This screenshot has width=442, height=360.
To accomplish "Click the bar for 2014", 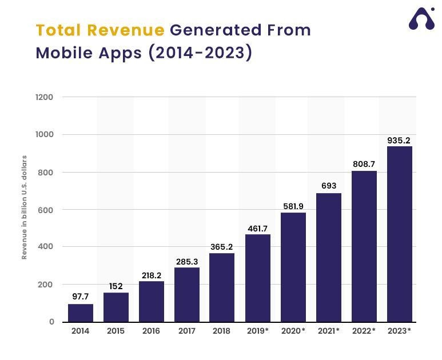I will coord(81,313).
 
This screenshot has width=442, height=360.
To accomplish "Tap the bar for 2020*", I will coord(293,267).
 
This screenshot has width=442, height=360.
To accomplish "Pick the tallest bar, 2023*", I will coord(400,234).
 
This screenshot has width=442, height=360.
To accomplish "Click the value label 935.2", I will coord(399,141).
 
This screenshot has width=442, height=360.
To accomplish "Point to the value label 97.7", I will coord(81,297).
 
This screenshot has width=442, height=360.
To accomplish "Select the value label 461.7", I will coord(257,229).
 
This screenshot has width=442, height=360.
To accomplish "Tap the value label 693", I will coord(329,186).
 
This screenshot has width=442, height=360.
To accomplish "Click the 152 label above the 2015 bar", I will coord(116,286).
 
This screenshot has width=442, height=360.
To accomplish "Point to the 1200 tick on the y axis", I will coord(45,97).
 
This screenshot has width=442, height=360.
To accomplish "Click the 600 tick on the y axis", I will coord(47,210).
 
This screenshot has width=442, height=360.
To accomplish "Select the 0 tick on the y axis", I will coord(51,322).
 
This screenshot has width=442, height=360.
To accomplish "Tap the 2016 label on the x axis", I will coord(151,331).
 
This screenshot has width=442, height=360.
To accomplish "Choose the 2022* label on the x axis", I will coord(364,331).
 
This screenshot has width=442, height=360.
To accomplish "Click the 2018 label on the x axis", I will coord(222,331).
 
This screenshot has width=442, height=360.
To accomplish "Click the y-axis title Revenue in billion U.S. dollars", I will coord(25,207).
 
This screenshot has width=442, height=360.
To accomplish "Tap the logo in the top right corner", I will coord(421,19).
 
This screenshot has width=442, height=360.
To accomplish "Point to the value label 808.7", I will coord(364,164).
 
